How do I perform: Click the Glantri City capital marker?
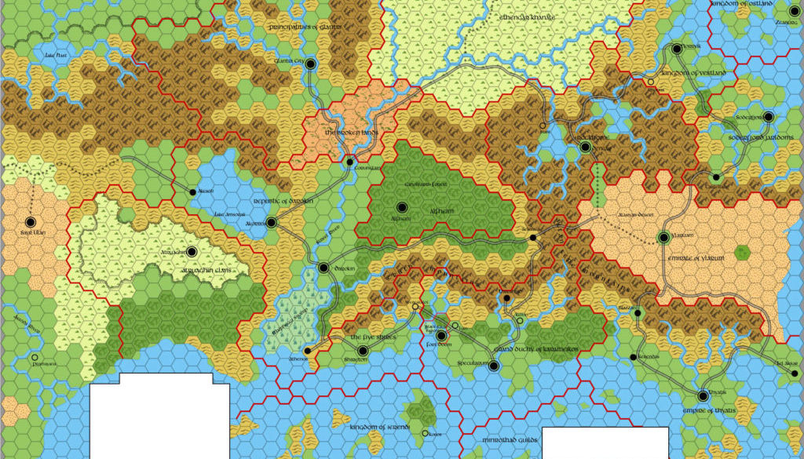tap(311, 64)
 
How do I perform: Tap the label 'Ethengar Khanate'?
tap(521, 17)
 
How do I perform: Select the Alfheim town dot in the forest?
tap(402, 207)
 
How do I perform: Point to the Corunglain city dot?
tap(350, 162)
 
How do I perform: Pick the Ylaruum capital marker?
tap(663, 238)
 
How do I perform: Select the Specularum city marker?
tap(493, 366)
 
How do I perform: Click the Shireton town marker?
tap(363, 351)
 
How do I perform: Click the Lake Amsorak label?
tap(233, 213)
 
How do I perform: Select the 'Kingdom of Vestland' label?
tap(694, 73)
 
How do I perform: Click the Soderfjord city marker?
tap(768, 117)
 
